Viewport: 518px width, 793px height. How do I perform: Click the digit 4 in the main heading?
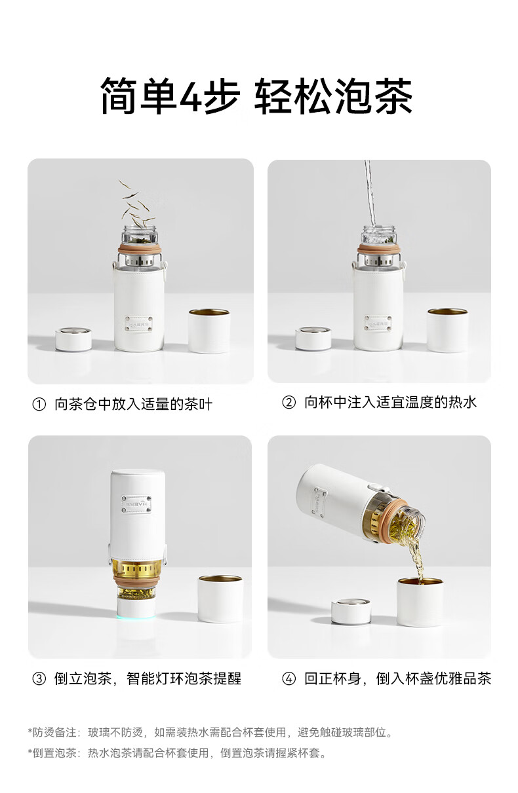point(191,96)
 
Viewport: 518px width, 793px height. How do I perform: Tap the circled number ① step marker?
point(39,404)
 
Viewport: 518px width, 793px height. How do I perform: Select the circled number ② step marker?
point(289,402)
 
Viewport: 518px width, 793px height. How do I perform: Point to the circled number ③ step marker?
point(39,678)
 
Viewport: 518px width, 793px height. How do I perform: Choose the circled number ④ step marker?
point(289,678)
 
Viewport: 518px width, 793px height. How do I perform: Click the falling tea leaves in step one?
point(137,204)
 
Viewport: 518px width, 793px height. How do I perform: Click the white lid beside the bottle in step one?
point(73,339)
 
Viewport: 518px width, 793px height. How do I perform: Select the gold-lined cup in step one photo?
point(209,331)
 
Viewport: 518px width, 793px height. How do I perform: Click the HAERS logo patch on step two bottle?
point(378,323)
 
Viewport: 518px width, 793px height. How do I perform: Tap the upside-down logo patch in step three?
point(137,504)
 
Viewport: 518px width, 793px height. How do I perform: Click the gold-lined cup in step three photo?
point(220,599)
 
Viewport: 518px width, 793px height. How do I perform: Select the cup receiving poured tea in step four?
point(420,602)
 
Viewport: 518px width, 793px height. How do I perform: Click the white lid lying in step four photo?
point(351,612)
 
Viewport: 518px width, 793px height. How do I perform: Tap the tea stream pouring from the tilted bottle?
point(415,559)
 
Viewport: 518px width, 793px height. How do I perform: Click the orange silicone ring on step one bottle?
point(140,248)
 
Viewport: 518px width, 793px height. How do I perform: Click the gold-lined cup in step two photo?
point(447,330)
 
